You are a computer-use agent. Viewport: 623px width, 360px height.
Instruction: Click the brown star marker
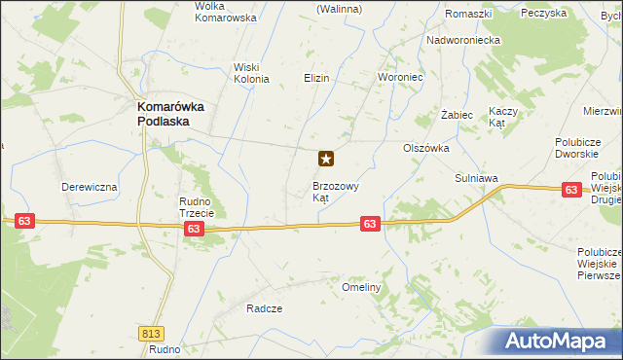tap(327, 158)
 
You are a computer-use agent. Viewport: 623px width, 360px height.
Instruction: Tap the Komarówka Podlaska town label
tap(168, 114)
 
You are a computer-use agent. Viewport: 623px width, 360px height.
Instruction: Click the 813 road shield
tap(151, 333)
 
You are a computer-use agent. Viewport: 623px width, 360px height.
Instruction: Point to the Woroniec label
tap(398, 77)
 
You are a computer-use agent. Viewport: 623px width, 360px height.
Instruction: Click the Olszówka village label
tap(425, 148)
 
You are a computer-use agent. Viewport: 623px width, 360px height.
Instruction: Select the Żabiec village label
tap(457, 115)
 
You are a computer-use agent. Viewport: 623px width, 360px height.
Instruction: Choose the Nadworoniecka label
tap(462, 41)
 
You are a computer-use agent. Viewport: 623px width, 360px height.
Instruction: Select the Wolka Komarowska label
tap(225, 12)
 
